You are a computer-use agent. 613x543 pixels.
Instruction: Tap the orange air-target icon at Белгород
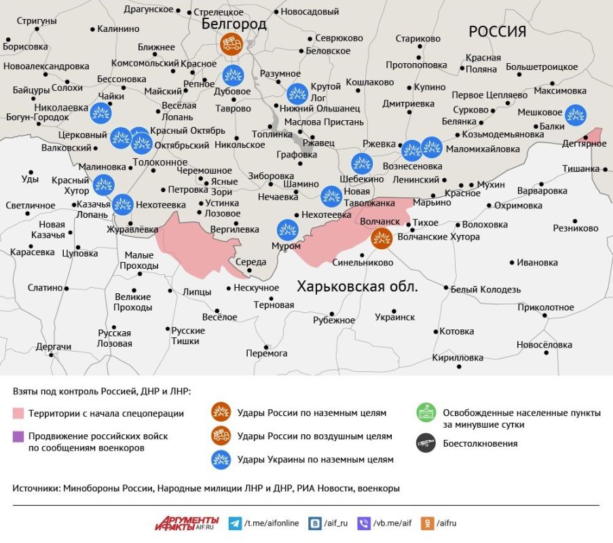(x=231, y=45)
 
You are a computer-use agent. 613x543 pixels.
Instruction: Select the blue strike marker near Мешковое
(x=576, y=114)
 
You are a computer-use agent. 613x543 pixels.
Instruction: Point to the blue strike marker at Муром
(x=287, y=230)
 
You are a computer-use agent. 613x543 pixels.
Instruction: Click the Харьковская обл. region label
(x=358, y=286)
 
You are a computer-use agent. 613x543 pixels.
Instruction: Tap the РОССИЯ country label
(x=497, y=31)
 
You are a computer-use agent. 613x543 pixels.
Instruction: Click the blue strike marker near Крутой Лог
(x=297, y=93)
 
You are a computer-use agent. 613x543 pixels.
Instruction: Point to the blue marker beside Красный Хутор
(x=104, y=184)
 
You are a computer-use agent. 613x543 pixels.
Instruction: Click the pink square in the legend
(x=18, y=413)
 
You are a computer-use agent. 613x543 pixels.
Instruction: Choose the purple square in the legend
(x=18, y=436)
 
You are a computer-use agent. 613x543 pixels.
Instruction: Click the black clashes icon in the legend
(x=426, y=443)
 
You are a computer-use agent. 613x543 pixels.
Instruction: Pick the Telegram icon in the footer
(x=235, y=523)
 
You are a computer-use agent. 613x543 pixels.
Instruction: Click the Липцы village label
(x=198, y=292)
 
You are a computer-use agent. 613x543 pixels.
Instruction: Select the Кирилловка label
(x=462, y=358)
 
